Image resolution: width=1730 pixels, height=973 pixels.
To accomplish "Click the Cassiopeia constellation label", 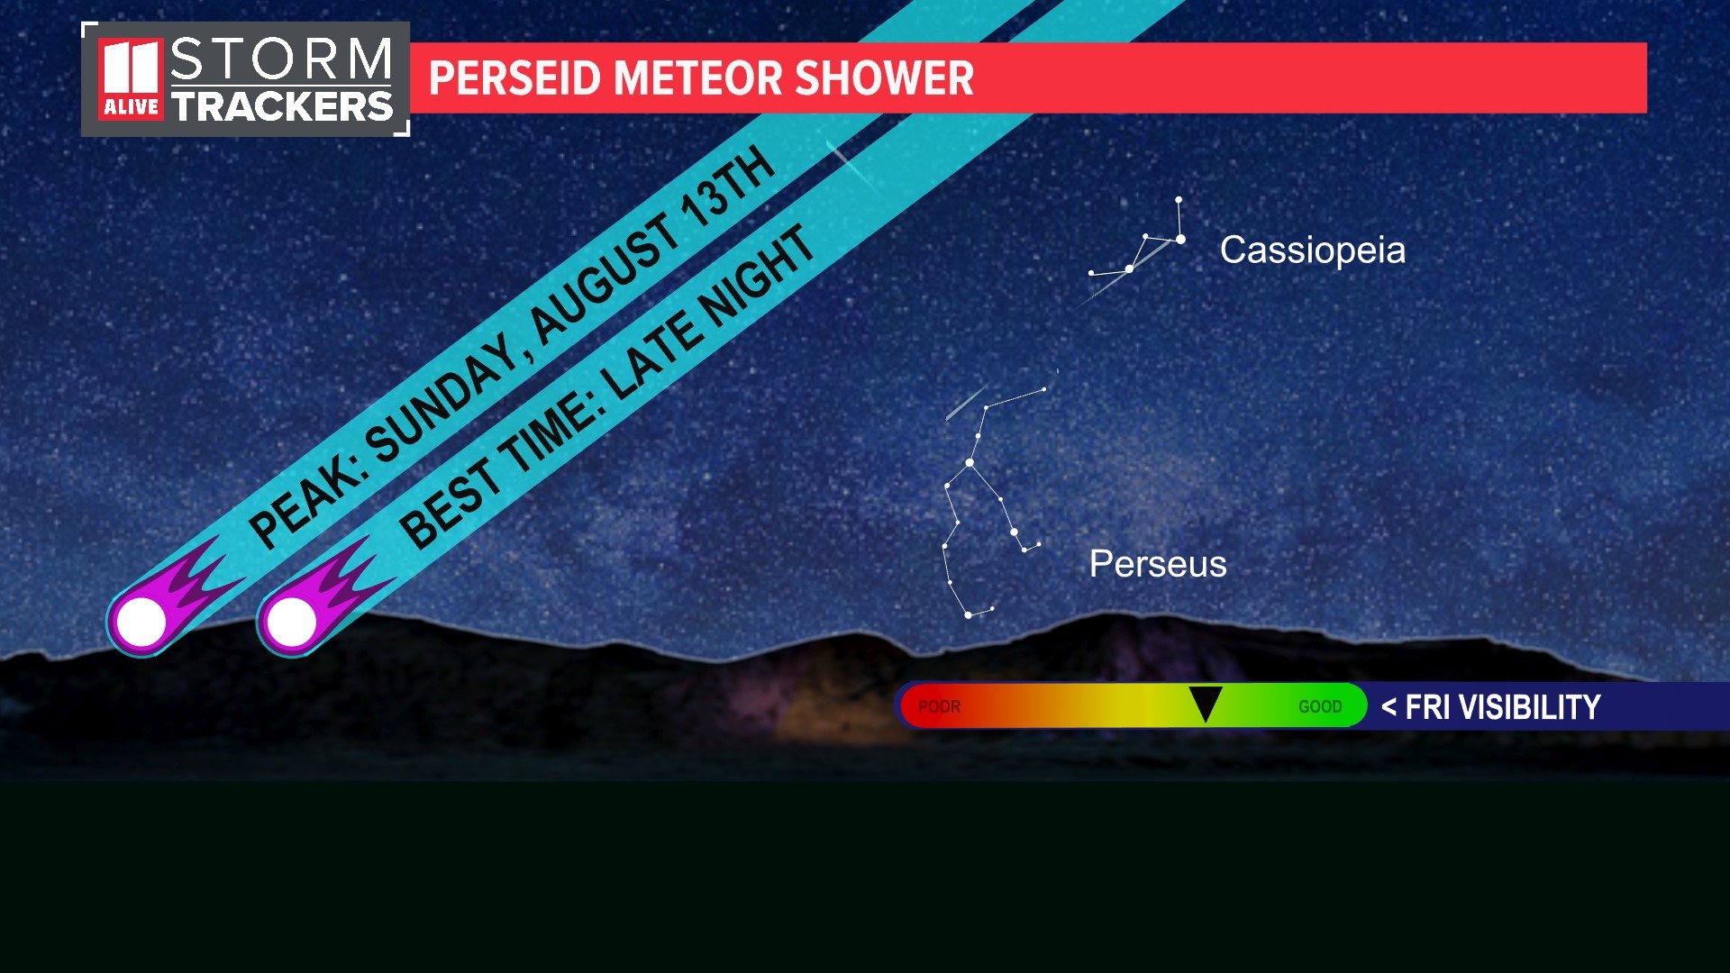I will click(x=1312, y=250).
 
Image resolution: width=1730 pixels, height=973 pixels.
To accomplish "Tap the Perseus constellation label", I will click(x=1158, y=564).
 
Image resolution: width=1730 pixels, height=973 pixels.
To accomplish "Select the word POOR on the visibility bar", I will click(x=939, y=707).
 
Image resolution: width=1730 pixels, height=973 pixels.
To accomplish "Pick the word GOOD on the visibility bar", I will click(x=1320, y=707).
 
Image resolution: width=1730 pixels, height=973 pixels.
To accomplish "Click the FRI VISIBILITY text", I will click(x=1501, y=707).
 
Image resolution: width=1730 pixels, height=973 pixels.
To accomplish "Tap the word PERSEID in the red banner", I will click(x=514, y=78).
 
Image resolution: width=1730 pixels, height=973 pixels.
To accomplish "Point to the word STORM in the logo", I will click(x=281, y=59).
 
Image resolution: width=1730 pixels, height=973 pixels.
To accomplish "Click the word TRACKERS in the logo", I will click(x=283, y=106).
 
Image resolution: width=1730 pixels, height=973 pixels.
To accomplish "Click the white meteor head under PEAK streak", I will click(x=141, y=622).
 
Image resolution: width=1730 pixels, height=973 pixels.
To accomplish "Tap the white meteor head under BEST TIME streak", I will click(x=292, y=622).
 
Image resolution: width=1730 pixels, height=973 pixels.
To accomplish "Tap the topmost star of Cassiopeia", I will click(x=1178, y=199).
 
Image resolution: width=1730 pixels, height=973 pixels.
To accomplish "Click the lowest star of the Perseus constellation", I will click(x=969, y=615).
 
